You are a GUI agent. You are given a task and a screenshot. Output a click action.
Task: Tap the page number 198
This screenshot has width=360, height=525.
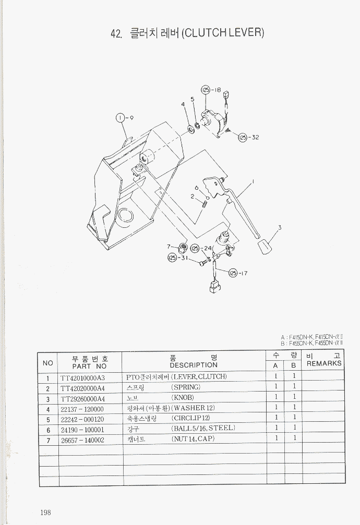45,512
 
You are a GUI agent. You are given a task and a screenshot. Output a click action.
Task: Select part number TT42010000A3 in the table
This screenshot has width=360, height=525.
82,377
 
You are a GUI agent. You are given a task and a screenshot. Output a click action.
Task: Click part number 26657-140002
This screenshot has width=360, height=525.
82,440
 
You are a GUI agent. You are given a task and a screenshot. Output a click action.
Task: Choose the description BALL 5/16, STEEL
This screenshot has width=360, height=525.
203,429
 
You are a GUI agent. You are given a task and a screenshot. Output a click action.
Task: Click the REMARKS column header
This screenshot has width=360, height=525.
323,363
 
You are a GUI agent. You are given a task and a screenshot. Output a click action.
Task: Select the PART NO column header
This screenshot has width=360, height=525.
89,366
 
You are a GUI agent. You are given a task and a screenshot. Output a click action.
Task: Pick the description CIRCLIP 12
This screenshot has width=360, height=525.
190,419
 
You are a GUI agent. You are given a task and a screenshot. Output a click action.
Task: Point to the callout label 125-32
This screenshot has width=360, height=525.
248,138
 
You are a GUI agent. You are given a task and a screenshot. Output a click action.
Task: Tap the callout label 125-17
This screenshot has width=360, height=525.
237,273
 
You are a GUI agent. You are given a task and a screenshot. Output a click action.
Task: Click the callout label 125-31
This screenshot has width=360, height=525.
177,258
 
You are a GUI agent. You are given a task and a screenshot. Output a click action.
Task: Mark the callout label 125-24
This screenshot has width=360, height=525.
201,248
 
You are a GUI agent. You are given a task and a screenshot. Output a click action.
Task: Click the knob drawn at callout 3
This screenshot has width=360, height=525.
266,247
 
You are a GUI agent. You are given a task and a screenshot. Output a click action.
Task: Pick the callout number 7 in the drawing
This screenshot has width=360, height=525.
169,247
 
